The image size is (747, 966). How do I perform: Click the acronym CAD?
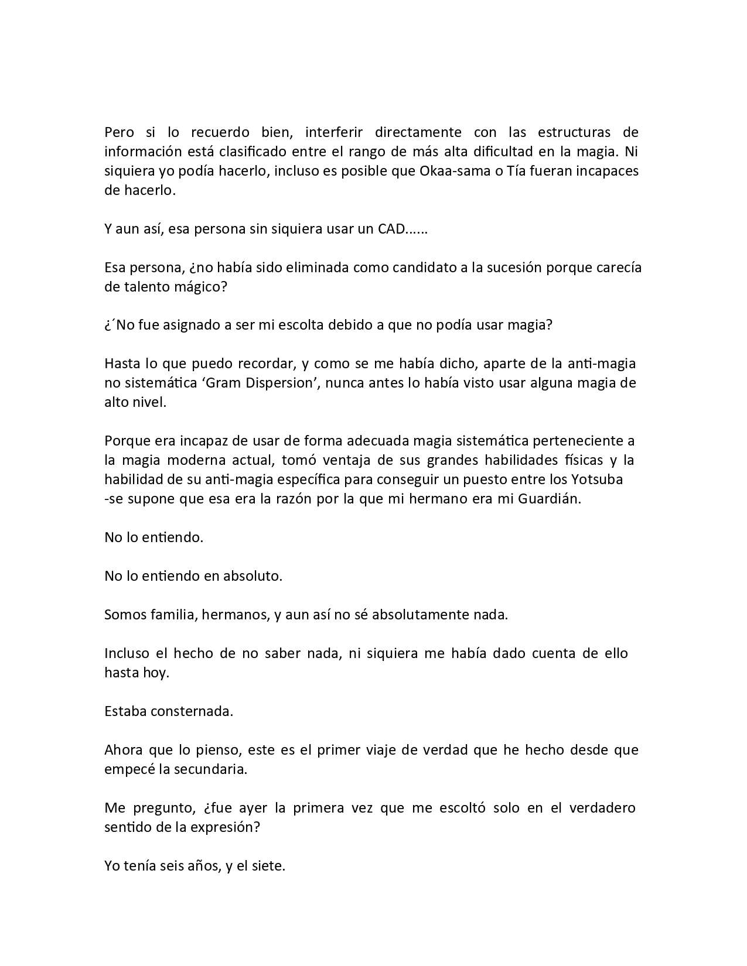(x=390, y=229)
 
